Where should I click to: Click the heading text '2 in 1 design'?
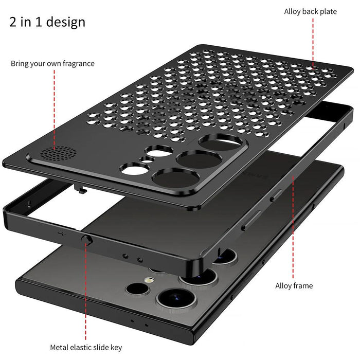pyautogui.click(x=47, y=22)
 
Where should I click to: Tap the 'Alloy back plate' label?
pyautogui.click(x=317, y=11)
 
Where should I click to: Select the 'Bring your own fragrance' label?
pyautogui.click(x=52, y=64)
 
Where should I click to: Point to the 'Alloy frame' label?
pyautogui.click(x=294, y=285)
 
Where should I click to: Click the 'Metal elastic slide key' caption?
pyautogui.click(x=86, y=348)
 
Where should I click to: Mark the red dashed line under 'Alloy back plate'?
pyautogui.click(x=313, y=43)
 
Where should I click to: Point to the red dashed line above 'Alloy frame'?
pyautogui.click(x=294, y=226)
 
